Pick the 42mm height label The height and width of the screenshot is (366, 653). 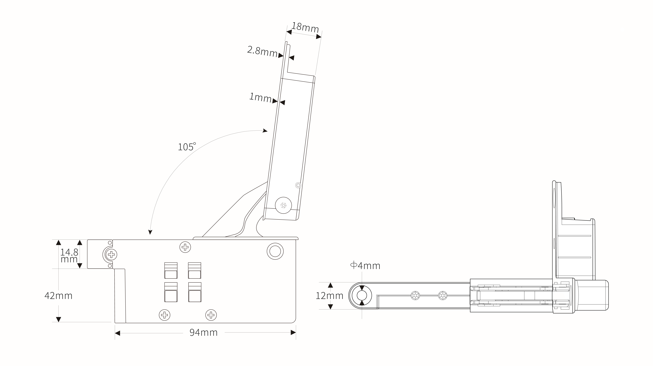[x=58, y=296]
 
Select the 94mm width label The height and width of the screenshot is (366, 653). [x=204, y=332]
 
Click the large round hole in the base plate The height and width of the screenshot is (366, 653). [x=275, y=251]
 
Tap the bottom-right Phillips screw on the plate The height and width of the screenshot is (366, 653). [x=211, y=315]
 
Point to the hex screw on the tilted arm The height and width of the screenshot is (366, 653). [x=283, y=205]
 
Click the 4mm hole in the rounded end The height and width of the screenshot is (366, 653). [x=362, y=296]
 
